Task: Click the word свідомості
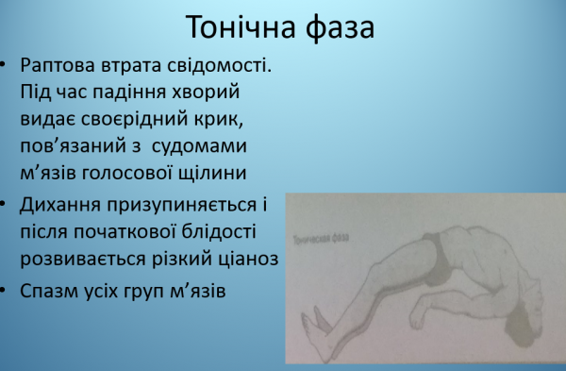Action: pyautogui.click(x=218, y=71)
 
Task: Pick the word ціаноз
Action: pyautogui.click(x=249, y=257)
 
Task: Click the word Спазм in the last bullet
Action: pyautogui.click(x=48, y=290)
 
